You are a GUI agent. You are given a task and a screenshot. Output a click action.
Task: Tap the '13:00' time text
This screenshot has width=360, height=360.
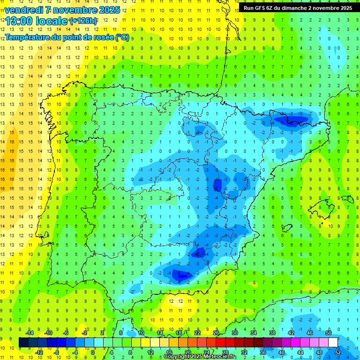coord(18,21)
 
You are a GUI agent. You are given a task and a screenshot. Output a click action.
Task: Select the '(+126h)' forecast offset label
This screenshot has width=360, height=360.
coord(83,21)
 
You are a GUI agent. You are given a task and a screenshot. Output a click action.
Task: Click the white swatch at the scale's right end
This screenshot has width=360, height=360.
coord(333,342)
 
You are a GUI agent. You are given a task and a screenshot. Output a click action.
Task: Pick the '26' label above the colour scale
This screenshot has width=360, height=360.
coord(216,332)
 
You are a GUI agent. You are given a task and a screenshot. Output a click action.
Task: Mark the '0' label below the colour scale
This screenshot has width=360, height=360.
coord(93,352)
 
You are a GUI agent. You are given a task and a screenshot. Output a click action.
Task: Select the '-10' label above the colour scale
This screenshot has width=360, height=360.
coord(48,332)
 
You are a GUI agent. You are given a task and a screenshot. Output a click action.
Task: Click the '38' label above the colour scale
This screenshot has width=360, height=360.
coord(272,332)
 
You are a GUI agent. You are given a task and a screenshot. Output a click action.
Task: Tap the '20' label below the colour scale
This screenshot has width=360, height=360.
coord(187,352)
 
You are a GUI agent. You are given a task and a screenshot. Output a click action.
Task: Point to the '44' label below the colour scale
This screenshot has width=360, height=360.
coord(300,352)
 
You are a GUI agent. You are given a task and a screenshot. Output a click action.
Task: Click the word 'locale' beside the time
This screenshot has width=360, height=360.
coord(51,21)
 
